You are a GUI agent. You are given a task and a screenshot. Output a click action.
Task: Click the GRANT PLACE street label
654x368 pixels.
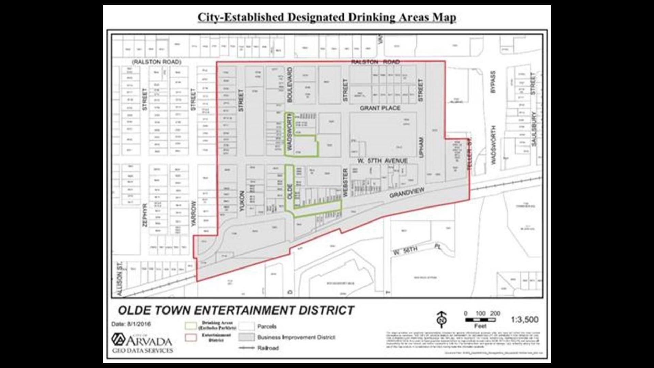point(380,108)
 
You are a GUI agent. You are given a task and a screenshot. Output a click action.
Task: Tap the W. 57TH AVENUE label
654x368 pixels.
point(383,160)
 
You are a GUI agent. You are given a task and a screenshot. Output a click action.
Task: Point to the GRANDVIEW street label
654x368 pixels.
point(407,193)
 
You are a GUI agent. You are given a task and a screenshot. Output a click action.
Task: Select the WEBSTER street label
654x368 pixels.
point(345,183)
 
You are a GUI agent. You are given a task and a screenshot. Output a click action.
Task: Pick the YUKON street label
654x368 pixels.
point(242,201)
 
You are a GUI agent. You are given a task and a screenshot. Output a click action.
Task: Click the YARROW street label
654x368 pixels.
point(194,214)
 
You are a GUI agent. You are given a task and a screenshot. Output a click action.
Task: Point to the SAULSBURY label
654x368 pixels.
point(534,129)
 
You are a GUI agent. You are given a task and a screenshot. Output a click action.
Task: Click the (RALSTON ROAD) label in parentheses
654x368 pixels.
point(157,62)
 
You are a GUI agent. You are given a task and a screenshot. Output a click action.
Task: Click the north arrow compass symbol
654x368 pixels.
point(441,319)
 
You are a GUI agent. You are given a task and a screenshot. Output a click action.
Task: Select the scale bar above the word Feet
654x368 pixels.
point(480,320)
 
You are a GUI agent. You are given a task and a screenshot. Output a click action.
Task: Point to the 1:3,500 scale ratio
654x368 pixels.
point(525,320)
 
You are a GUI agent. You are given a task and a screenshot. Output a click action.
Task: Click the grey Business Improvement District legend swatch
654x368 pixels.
point(247,337)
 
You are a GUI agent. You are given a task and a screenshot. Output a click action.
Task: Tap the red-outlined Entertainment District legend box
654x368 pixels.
point(191,337)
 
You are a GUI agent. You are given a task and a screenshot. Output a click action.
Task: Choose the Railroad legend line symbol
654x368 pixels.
point(247,348)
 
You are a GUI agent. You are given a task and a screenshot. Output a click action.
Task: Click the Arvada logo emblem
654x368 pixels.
point(118,339)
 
